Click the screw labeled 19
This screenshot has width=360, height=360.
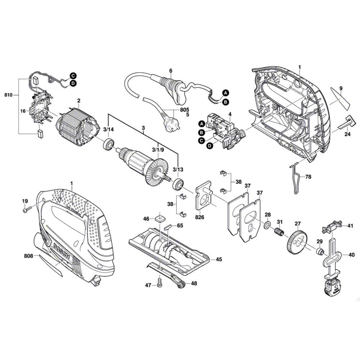pos(27,210)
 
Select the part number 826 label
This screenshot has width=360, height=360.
pos(199,217)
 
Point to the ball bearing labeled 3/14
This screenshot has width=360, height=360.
pos(108,144)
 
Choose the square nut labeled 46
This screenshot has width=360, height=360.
pos(159,217)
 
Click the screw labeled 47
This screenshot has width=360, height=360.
pos(160,282)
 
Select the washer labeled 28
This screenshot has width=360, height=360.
pos(266,225)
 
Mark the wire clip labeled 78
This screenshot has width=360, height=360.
pos(296,177)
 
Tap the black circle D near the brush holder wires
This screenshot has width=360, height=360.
pos(73,84)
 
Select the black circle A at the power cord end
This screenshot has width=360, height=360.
pos(226,93)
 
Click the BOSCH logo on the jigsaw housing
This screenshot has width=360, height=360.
pos(61,251)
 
